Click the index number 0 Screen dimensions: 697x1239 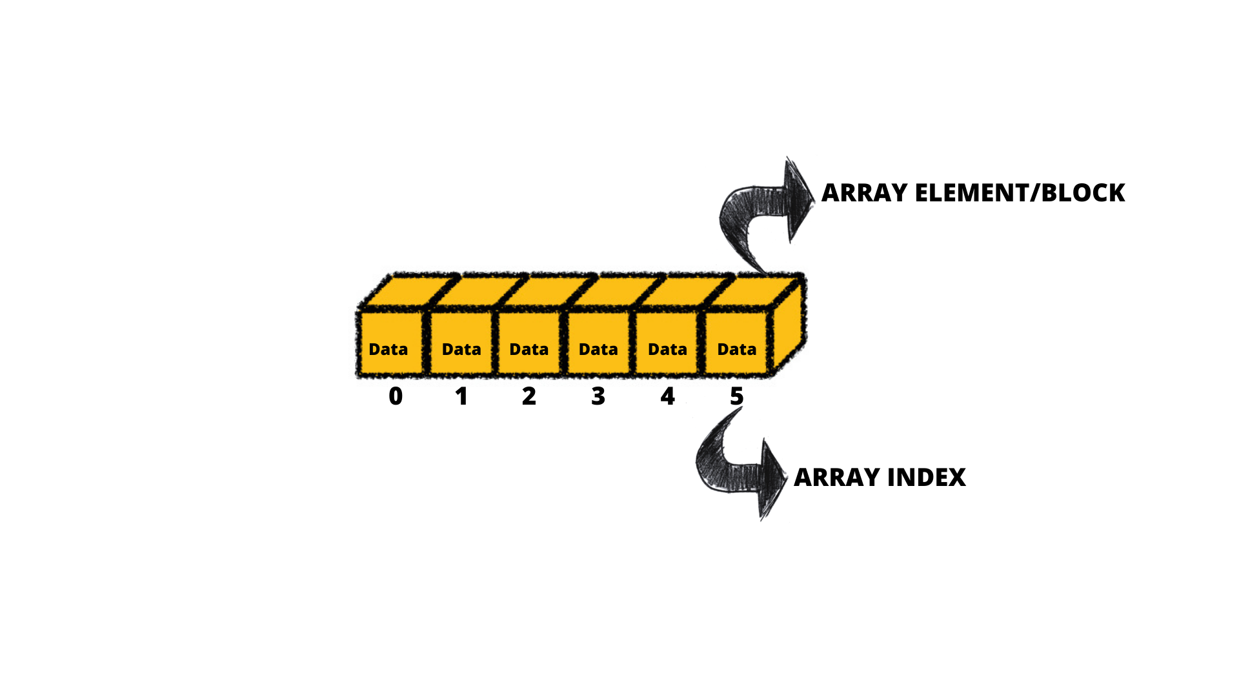pyautogui.click(x=396, y=396)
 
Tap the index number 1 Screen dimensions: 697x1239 pyautogui.click(x=461, y=396)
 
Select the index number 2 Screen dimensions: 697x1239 pyautogui.click(x=529, y=396)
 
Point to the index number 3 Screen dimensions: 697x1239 pyautogui.click(x=598, y=396)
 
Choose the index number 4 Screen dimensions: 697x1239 pyautogui.click(x=667, y=396)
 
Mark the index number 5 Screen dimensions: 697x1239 pyautogui.click(x=737, y=396)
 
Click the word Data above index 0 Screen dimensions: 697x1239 pyautogui.click(x=388, y=349)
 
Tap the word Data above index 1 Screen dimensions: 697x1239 pyautogui.click(x=461, y=349)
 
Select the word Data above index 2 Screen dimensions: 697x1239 pyautogui.click(x=529, y=349)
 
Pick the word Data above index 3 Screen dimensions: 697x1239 pyautogui.click(x=598, y=349)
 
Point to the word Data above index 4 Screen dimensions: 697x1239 pyautogui.click(x=667, y=349)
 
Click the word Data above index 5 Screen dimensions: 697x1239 pyautogui.click(x=737, y=349)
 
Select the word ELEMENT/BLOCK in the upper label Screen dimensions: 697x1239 pyautogui.click(x=1020, y=193)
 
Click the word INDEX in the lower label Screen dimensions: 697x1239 pyautogui.click(x=927, y=478)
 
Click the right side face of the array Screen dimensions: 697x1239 pyautogui.click(x=789, y=326)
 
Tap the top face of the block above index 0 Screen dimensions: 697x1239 pyautogui.click(x=408, y=291)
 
